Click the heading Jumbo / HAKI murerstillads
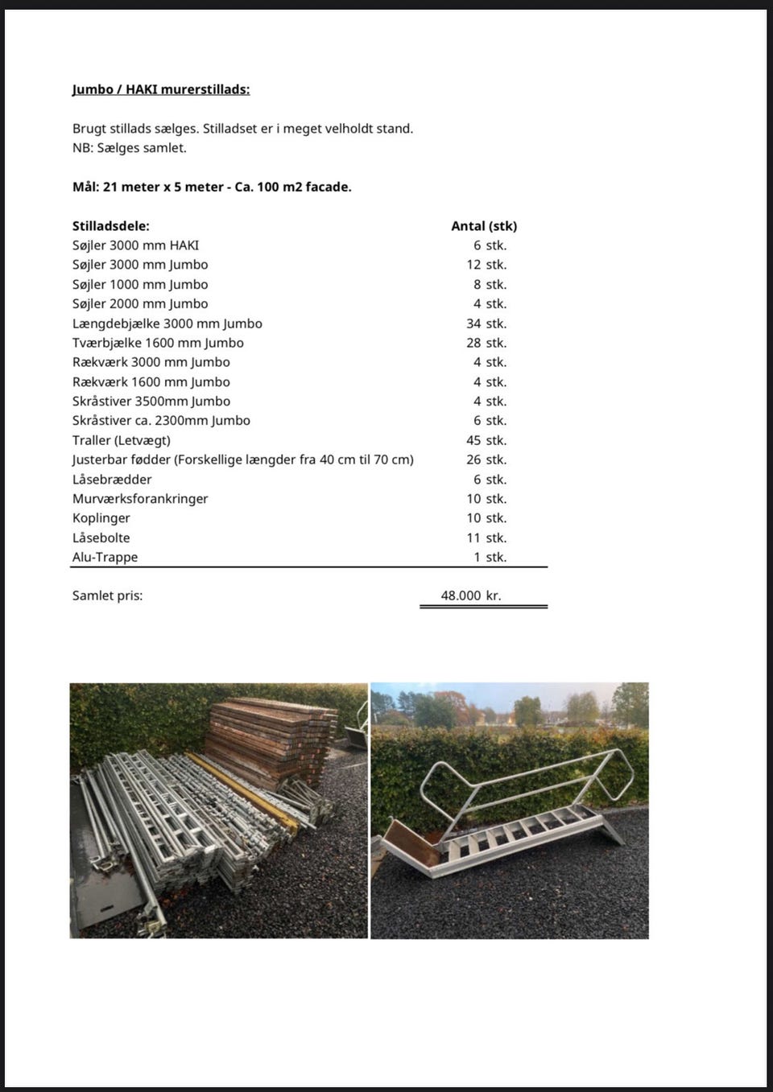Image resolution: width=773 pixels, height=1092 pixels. (161, 89)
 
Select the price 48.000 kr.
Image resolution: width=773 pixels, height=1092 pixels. (471, 595)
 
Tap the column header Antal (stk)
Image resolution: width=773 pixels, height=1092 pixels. (484, 226)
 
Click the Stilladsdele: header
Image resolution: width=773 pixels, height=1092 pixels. (111, 226)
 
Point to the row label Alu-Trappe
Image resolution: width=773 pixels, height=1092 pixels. (105, 557)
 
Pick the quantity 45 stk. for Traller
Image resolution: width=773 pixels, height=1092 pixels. (486, 440)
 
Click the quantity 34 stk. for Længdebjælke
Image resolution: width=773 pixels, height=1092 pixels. (486, 323)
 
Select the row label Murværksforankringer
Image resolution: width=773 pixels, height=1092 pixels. (140, 499)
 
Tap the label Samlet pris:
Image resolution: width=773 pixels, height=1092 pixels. (107, 595)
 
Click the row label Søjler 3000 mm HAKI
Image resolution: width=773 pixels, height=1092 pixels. (135, 245)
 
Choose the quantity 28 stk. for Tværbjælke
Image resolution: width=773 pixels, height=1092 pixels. (486, 343)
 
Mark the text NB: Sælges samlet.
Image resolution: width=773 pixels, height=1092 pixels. (129, 148)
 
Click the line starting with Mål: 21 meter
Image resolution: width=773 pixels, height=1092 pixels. (212, 187)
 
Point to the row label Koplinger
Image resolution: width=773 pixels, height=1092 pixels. (101, 518)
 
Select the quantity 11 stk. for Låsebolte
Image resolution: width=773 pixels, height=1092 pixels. (486, 538)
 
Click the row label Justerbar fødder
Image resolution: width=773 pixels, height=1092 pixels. (242, 459)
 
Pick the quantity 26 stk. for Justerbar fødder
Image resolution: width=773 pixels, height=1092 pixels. (486, 459)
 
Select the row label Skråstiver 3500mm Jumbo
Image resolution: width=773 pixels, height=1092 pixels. (151, 402)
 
